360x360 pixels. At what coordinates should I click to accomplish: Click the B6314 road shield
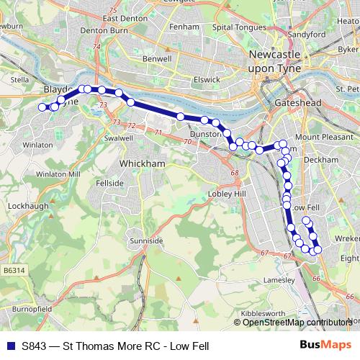tap(14, 270)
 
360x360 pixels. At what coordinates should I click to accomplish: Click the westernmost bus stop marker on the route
tap(42, 107)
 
